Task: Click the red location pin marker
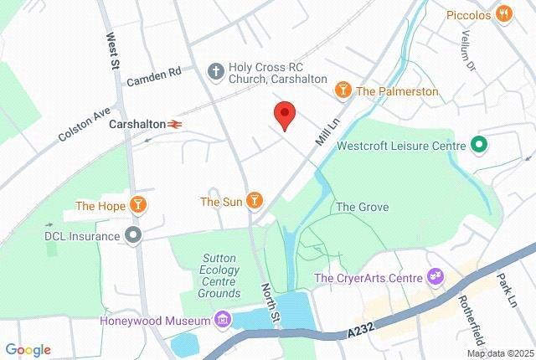point(285,115)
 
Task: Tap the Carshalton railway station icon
point(175,124)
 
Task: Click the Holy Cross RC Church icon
point(215,72)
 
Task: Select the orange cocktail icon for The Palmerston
point(343,90)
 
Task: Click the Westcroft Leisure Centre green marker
point(479,145)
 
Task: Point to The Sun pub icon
point(255,201)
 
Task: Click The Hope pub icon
point(138,205)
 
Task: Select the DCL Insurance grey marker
point(132,236)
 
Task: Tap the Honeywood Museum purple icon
point(222,319)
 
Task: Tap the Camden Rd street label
point(154,77)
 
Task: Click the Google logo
point(28,350)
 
